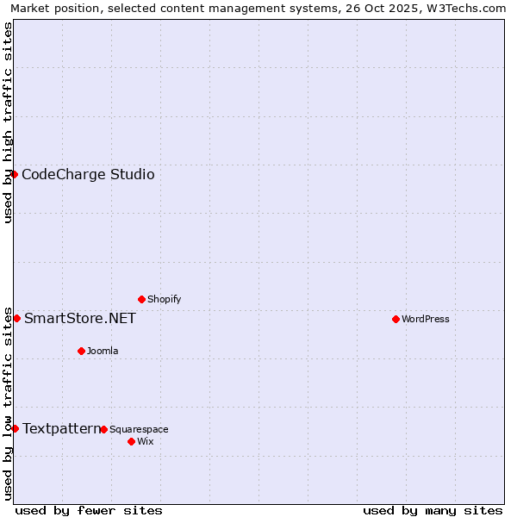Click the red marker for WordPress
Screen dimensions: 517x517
pos(396,319)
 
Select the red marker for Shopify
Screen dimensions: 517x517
pos(141,299)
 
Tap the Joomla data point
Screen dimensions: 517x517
pos(81,351)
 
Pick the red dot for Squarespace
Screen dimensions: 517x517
pos(103,429)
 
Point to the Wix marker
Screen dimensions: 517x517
pos(131,441)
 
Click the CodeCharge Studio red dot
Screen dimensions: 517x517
pos(14,174)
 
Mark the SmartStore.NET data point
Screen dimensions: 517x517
pos(16,318)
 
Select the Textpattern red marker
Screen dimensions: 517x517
pos(15,428)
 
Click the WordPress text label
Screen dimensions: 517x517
pos(425,319)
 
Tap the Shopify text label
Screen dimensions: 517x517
pos(164,299)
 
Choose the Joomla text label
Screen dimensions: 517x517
pos(103,351)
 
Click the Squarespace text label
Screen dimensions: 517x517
pos(139,429)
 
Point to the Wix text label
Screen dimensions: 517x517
pos(145,441)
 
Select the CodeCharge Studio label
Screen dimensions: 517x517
pos(88,174)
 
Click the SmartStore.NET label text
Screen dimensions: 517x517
pos(79,318)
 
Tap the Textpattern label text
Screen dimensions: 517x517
pos(61,428)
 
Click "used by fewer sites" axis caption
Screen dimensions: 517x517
pos(89,510)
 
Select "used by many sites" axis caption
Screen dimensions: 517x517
pos(433,510)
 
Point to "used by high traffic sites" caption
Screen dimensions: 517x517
pos(9,122)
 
